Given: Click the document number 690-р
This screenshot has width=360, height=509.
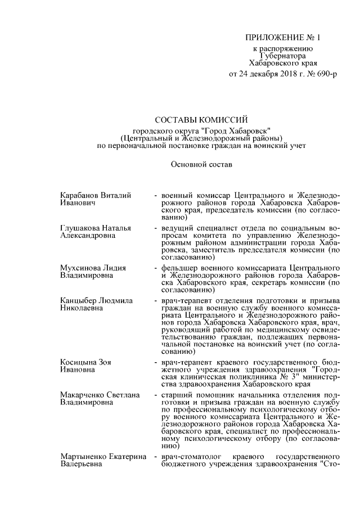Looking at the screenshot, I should pyautogui.click(x=326, y=74).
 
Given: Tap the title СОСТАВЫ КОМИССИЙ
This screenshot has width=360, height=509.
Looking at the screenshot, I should pyautogui.click(x=201, y=119).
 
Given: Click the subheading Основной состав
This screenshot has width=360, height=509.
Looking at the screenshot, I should pyautogui.click(x=201, y=165).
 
